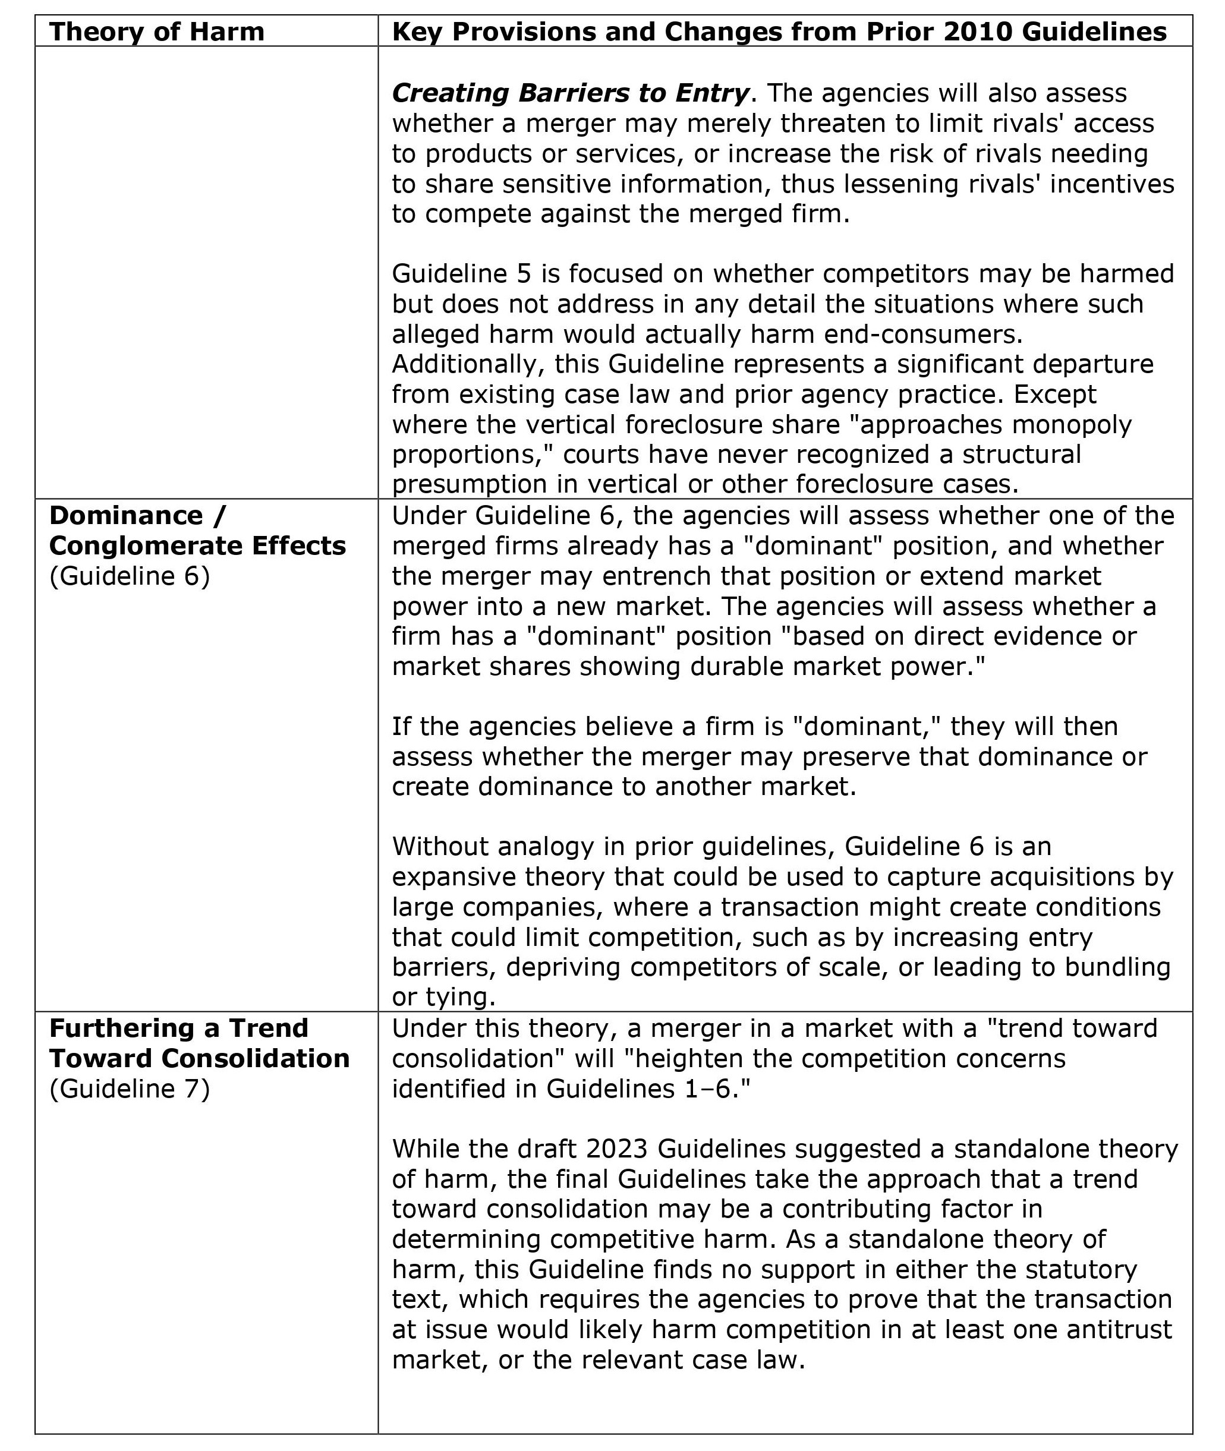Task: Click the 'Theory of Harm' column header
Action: coord(157,32)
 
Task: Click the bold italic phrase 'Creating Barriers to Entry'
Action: coord(570,93)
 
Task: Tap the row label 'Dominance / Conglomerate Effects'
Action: coord(197,531)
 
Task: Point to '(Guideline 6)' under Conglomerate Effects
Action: coord(129,576)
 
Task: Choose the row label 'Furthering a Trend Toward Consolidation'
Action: coord(199,1043)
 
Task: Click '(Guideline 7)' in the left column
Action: coord(129,1088)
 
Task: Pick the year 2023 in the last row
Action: coord(618,1149)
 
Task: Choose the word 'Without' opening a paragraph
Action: coord(442,846)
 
